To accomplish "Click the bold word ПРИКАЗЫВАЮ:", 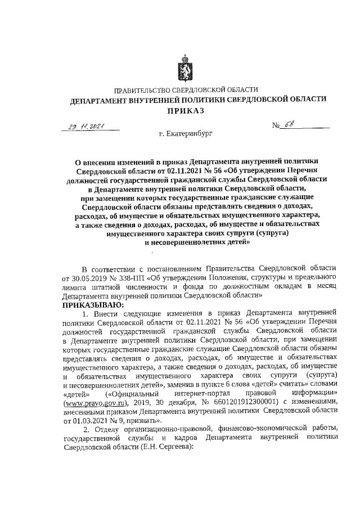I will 89,303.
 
